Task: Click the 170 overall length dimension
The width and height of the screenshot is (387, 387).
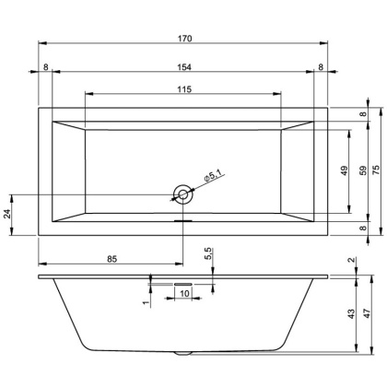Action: [184, 38]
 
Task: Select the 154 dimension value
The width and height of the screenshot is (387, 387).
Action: [184, 66]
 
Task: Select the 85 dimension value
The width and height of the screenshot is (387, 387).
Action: [111, 260]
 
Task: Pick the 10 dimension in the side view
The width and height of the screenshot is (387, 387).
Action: [184, 293]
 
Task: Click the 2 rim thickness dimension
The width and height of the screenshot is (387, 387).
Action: [352, 261]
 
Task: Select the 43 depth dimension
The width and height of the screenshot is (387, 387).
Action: [351, 314]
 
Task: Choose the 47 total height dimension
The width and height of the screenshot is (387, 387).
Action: [368, 314]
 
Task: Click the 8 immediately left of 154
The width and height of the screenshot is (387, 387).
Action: [45, 66]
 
